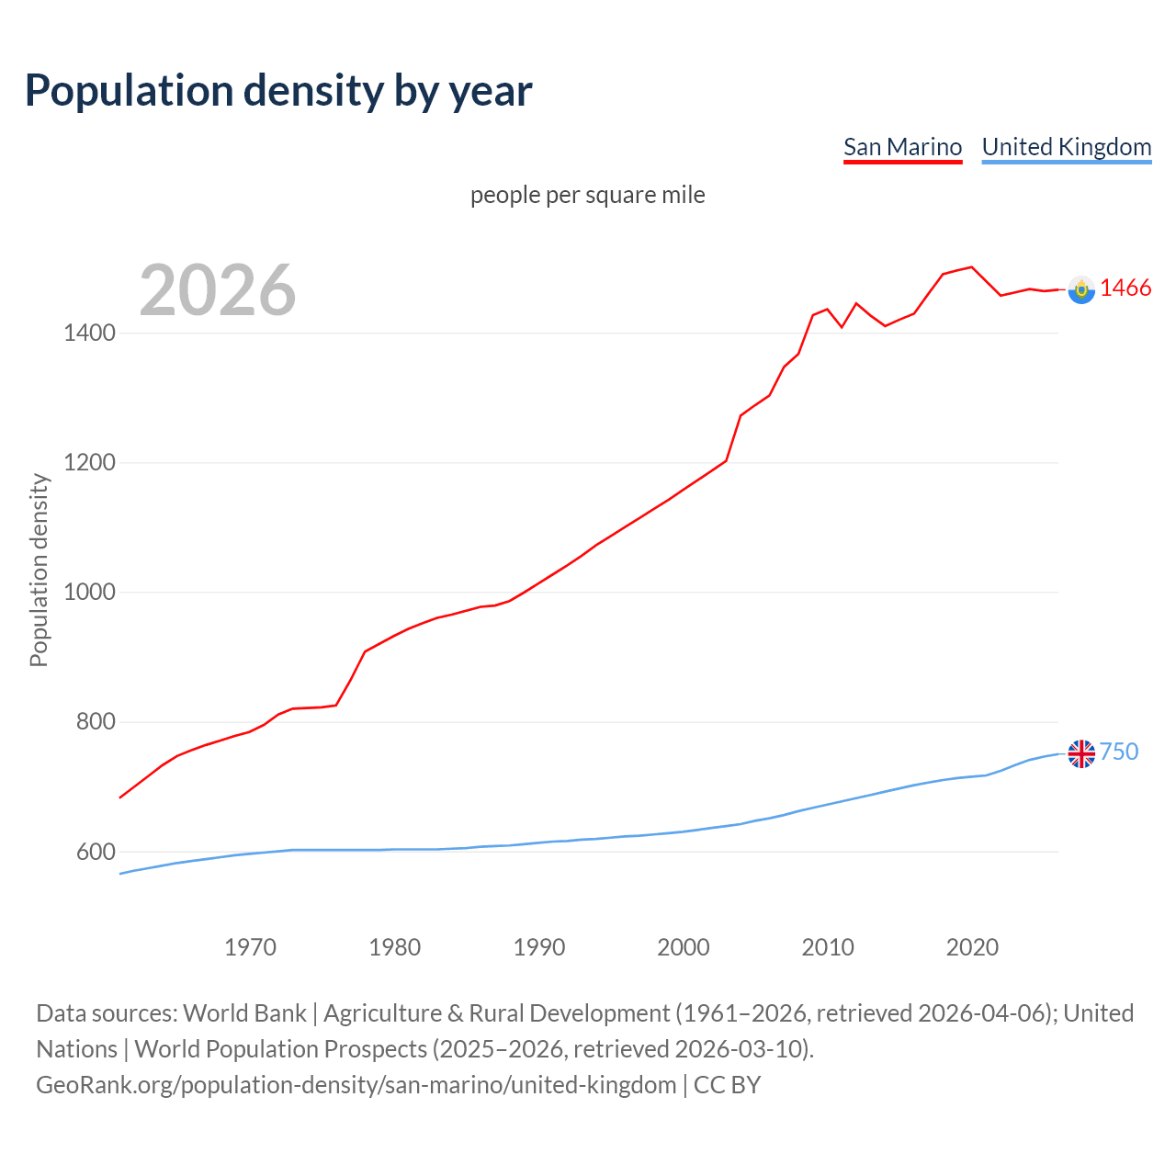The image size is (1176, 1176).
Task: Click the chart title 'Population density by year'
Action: click(278, 90)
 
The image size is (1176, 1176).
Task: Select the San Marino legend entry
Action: click(902, 147)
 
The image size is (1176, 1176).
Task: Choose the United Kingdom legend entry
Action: click(1066, 147)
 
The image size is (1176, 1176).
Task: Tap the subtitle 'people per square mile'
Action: click(587, 195)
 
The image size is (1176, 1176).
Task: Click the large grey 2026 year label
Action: click(218, 290)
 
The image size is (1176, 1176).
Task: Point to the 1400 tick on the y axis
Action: click(89, 333)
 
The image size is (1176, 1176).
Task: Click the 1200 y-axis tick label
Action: click(89, 462)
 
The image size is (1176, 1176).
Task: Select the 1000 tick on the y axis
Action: click(89, 592)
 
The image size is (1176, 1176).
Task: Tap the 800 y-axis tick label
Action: click(96, 722)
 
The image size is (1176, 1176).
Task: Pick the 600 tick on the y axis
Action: click(96, 852)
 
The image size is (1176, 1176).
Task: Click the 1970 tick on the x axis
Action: click(250, 947)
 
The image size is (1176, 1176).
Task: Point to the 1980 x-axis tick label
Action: click(394, 947)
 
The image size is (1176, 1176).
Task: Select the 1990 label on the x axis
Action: click(538, 947)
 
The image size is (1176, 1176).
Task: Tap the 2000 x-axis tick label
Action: click(683, 947)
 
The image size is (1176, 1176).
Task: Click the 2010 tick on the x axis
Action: click(827, 947)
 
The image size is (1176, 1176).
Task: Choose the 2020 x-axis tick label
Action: click(971, 947)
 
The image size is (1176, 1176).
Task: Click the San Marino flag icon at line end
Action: click(1081, 289)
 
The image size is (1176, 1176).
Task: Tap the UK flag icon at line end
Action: click(1081, 753)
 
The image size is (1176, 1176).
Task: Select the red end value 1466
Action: click(1125, 288)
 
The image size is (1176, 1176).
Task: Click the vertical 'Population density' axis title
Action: click(39, 570)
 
